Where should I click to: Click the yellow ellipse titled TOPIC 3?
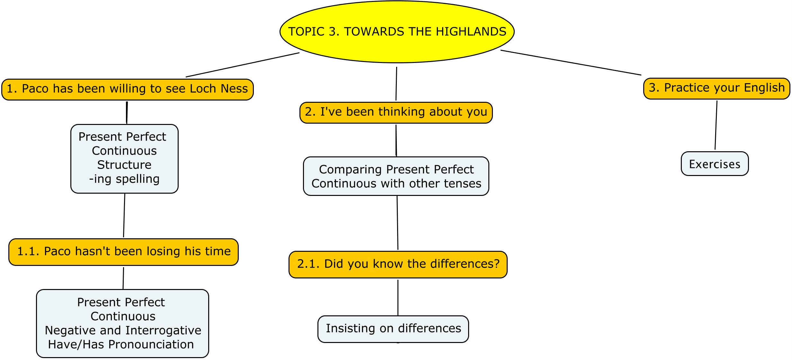[397, 31]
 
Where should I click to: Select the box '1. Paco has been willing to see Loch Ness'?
[128, 89]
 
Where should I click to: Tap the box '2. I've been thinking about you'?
[396, 112]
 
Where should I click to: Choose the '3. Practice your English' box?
[716, 88]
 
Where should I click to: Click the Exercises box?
[715, 163]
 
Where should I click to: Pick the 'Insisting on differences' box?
[393, 329]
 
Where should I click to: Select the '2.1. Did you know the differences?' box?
[398, 264]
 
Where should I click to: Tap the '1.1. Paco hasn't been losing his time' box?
[123, 252]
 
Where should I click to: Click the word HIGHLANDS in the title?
[471, 31]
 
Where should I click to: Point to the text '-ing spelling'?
[124, 179]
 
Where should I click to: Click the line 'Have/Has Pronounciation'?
[121, 344]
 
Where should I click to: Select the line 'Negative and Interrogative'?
[123, 330]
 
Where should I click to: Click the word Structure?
[124, 165]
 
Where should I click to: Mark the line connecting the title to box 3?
[571, 63]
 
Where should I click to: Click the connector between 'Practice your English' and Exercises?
[716, 125]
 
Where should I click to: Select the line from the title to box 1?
[243, 65]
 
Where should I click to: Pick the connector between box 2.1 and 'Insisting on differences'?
[398, 298]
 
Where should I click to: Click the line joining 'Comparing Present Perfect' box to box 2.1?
[397, 223]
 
